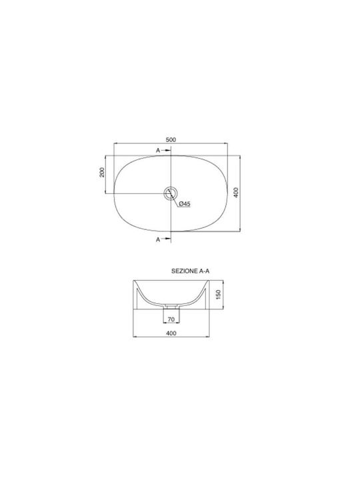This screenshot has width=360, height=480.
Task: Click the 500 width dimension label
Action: pyautogui.click(x=171, y=139)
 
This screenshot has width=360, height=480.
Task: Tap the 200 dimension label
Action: pyautogui.click(x=102, y=172)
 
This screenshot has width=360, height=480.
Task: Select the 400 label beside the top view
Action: pyautogui.click(x=236, y=193)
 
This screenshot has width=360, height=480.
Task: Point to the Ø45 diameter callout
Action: pyautogui.click(x=184, y=203)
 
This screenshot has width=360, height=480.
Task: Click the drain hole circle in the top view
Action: pyautogui.click(x=171, y=193)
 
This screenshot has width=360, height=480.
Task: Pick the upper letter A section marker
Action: pyautogui.click(x=158, y=150)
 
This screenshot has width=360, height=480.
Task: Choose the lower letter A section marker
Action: pyautogui.click(x=158, y=239)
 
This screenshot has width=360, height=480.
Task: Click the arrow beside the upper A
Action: pyautogui.click(x=165, y=150)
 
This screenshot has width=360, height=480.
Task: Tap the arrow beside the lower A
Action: pyautogui.click(x=165, y=239)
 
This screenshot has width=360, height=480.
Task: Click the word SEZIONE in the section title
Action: pyautogui.click(x=185, y=271)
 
